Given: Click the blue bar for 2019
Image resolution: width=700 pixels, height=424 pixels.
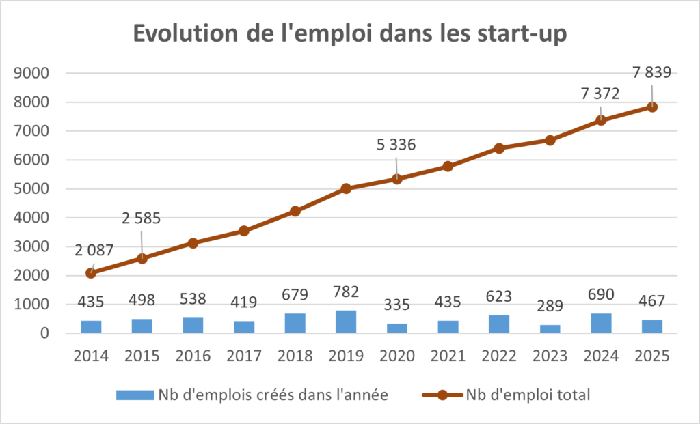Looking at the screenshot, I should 346,322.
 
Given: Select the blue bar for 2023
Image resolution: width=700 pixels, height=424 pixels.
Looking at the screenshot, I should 550,329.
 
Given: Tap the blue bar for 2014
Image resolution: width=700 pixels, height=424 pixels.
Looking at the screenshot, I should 91,326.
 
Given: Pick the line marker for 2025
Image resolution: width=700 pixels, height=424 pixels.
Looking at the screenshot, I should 652,107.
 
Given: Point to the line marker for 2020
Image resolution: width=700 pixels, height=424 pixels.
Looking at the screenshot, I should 397,179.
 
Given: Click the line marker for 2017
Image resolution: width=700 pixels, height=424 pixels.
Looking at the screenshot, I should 244,231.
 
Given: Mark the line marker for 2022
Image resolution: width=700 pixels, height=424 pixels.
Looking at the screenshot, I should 499,148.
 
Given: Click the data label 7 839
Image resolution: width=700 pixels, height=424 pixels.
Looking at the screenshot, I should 651,73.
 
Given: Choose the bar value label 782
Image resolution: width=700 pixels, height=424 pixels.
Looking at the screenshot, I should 346,297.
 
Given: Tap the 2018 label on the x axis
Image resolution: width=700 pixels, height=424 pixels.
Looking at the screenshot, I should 295,356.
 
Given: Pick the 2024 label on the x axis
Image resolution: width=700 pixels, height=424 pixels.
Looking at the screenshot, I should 601,356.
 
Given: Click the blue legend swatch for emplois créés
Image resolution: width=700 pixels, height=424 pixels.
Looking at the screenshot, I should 134,395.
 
